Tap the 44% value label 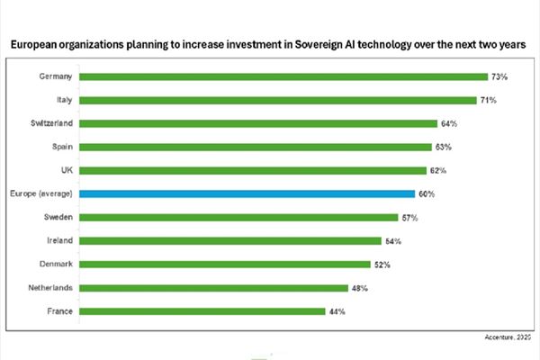337,311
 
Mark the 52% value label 382,265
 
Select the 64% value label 450,123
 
